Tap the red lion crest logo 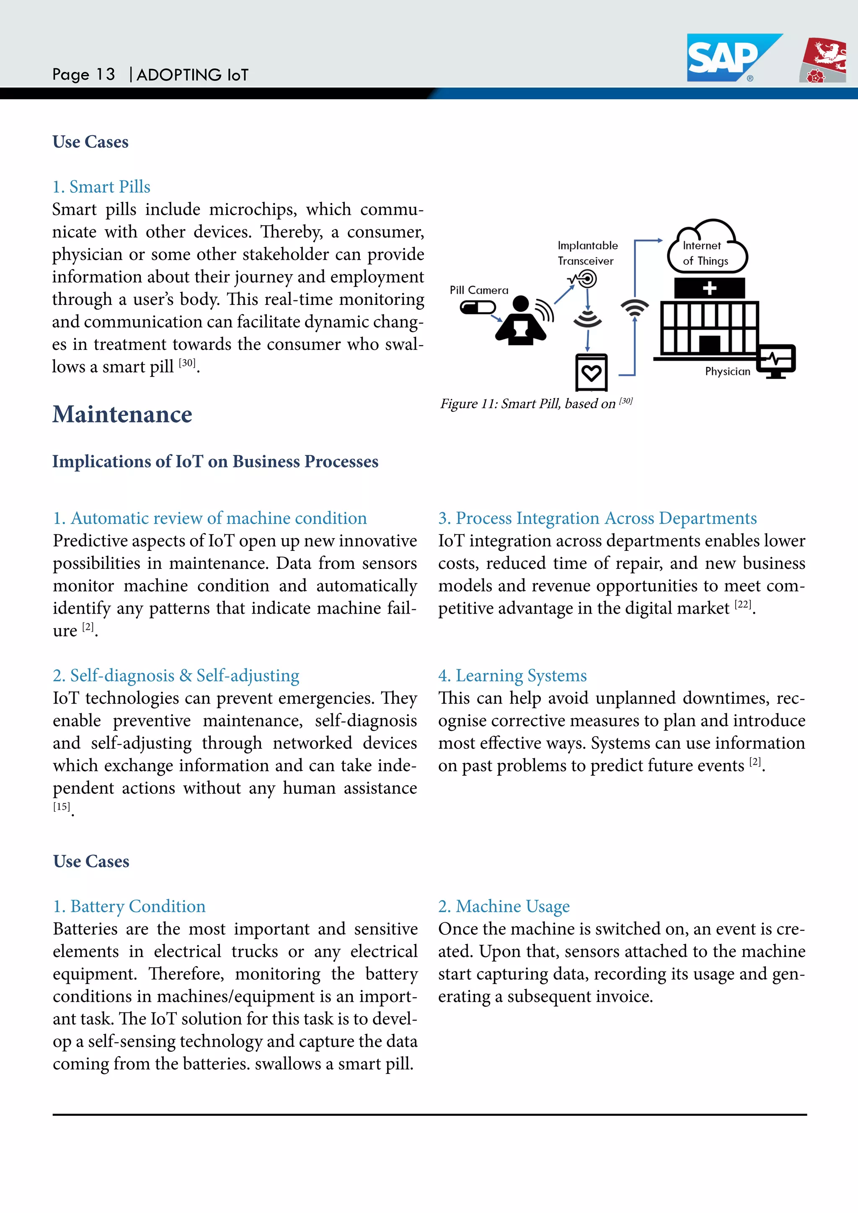(x=824, y=60)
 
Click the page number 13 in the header (x=105, y=75)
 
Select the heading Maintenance (x=122, y=414)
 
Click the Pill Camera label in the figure (x=479, y=290)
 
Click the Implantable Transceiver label (x=587, y=253)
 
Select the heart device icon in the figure (x=591, y=373)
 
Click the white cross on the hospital (x=710, y=288)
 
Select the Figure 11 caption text (x=536, y=404)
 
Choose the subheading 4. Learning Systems (x=512, y=675)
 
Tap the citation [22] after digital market (x=743, y=605)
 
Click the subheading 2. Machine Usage (x=504, y=906)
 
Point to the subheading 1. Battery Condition (x=129, y=906)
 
